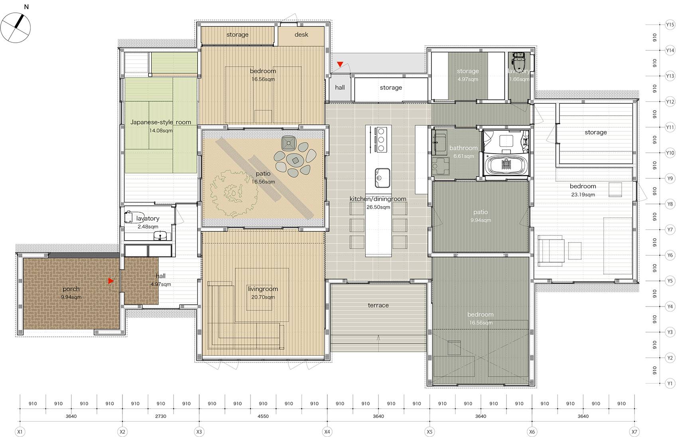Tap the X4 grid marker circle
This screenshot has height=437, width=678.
pyautogui.click(x=327, y=431)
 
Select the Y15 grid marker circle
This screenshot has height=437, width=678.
pyautogui.click(x=670, y=24)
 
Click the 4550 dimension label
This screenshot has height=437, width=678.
pyautogui.click(x=263, y=416)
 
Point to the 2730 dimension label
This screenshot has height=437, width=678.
pyautogui.click(x=161, y=416)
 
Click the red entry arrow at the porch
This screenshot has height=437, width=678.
pyautogui.click(x=111, y=281)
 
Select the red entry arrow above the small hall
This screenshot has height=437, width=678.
pyautogui.click(x=340, y=64)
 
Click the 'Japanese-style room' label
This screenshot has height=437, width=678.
pyautogui.click(x=161, y=122)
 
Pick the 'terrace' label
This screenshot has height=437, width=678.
pyautogui.click(x=378, y=305)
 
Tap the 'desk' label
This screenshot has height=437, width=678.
pyautogui.click(x=301, y=35)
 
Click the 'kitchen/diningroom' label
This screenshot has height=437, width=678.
pyautogui.click(x=378, y=199)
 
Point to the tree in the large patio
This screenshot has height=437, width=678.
pyautogui.click(x=233, y=193)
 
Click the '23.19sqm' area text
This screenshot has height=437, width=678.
pyautogui.click(x=583, y=194)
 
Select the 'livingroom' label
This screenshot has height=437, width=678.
pyautogui.click(x=263, y=289)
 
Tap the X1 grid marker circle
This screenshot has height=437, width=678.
pyautogui.click(x=20, y=431)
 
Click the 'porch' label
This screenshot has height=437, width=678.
pyautogui.click(x=71, y=289)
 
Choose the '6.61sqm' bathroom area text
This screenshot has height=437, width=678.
pyautogui.click(x=463, y=156)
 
